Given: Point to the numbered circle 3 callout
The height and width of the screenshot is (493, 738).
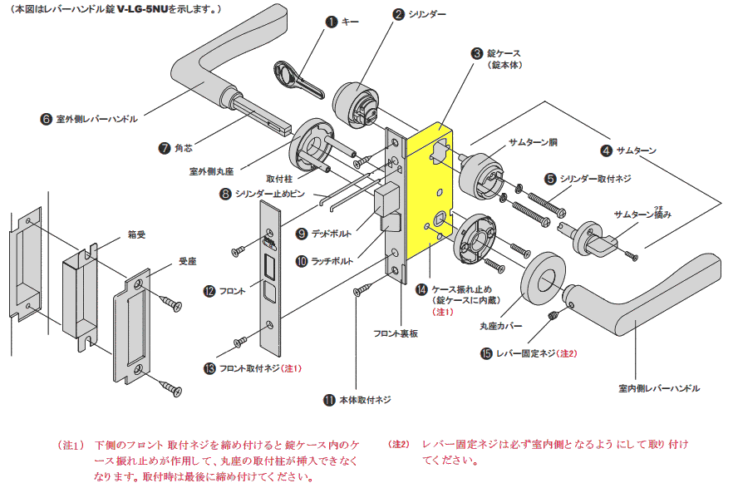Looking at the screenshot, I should click(477, 52).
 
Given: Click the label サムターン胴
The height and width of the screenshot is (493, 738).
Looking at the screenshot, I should click(532, 142).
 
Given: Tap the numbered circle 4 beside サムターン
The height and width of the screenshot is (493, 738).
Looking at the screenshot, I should click(607, 150).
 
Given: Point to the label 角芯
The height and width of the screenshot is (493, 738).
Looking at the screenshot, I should click(183, 148).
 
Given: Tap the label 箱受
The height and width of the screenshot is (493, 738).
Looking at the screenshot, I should click(136, 235).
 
